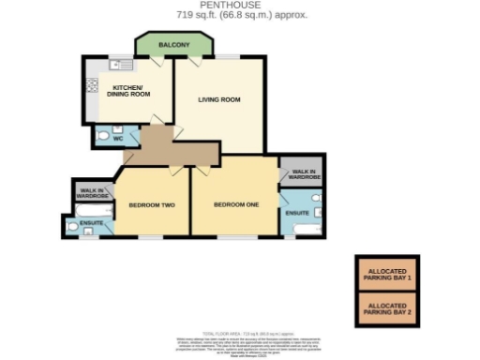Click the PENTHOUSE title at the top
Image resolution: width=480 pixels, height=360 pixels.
[240, 6]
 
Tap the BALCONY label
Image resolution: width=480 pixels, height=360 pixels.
[173, 45]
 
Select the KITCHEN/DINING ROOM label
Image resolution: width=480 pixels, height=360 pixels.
[123, 92]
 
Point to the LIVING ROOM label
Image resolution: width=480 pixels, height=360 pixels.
[219, 98]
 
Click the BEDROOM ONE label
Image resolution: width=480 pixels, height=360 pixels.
[233, 204]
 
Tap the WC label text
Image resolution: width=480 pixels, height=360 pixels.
[118, 139]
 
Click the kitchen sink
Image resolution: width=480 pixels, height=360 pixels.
[120, 65]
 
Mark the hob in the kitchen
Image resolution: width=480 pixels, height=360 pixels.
[93, 86]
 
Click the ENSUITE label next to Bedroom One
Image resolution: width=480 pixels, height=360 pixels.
[296, 214]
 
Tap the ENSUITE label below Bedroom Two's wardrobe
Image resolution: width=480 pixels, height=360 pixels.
[91, 223]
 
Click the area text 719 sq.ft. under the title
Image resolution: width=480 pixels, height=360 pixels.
[240, 16]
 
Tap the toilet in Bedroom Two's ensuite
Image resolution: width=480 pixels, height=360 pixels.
[72, 225]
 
